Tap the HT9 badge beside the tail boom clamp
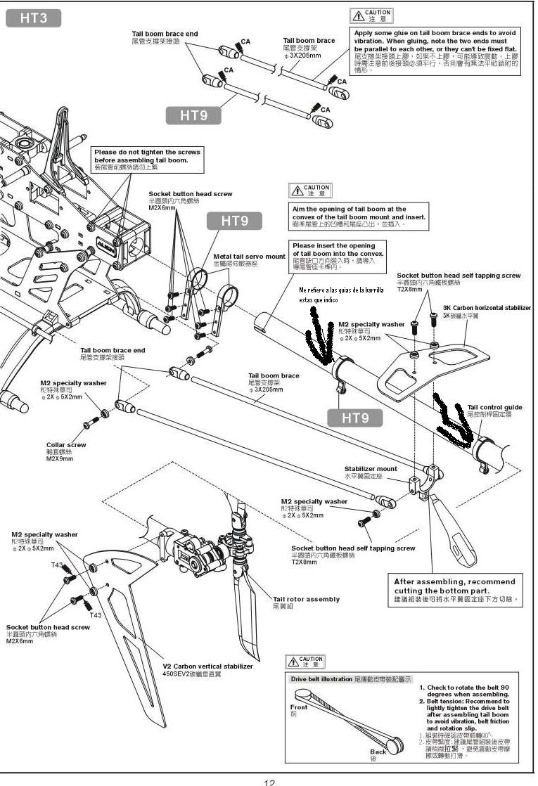point(355,418)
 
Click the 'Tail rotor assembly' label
point(306,599)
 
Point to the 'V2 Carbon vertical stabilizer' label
point(207,666)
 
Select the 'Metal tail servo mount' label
point(250,256)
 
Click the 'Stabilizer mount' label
point(371,468)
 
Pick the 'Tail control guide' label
point(495,407)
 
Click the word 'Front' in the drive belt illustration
point(299,707)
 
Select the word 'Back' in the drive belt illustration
point(378,752)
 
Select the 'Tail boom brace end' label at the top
point(165,34)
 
